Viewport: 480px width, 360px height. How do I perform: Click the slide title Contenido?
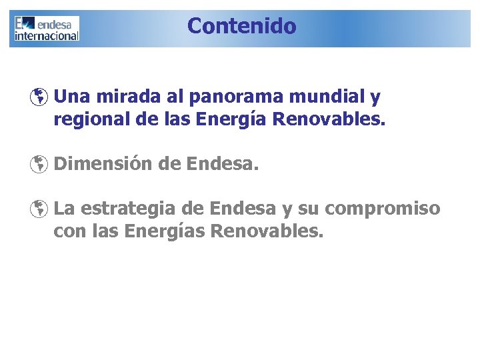click(x=241, y=26)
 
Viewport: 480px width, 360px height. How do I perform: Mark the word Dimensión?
click(x=103, y=163)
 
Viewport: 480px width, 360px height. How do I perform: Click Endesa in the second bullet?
click(x=222, y=163)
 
